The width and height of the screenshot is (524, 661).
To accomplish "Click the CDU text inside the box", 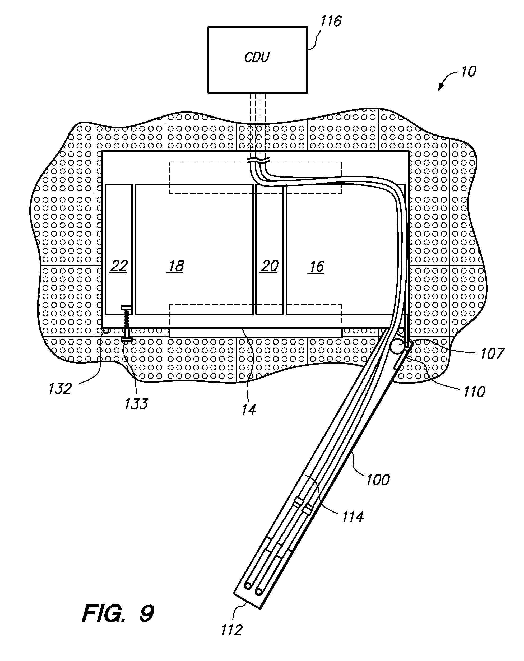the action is (x=257, y=57).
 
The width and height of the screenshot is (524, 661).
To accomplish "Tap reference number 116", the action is (x=331, y=21).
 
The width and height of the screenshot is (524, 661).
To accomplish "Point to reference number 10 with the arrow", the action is (x=468, y=72).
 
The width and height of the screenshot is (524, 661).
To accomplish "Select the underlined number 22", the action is (x=118, y=266).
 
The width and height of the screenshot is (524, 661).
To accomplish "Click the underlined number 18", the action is (x=176, y=266).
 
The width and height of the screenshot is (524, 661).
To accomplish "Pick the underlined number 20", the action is (x=269, y=266).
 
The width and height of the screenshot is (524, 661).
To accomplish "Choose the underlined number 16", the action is (x=316, y=267).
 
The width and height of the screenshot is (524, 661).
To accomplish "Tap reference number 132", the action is (x=60, y=389).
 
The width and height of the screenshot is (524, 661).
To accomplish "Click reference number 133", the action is (x=136, y=404).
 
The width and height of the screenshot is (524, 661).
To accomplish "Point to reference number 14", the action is (x=248, y=410).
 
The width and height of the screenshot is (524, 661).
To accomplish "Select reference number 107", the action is (x=492, y=354).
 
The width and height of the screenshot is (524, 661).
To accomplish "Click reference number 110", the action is (x=474, y=392).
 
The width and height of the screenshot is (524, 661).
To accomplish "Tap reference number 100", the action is (x=378, y=480).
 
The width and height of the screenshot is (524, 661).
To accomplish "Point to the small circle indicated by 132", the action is (x=106, y=331).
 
